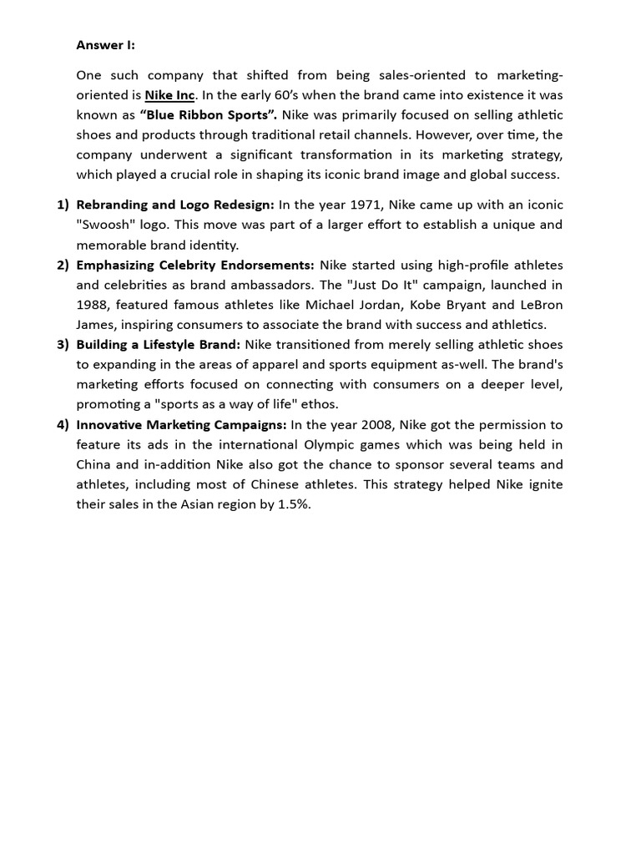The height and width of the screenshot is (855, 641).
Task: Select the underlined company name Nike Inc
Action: (169, 94)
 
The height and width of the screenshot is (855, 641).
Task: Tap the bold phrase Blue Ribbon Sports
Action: (209, 114)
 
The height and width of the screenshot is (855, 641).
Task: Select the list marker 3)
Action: (63, 345)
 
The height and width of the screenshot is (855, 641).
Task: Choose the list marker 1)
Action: (63, 205)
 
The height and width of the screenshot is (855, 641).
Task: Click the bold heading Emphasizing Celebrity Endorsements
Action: (195, 265)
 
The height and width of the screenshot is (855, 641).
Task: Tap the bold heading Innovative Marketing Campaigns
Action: (181, 425)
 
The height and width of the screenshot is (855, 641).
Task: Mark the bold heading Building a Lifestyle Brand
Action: (158, 345)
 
